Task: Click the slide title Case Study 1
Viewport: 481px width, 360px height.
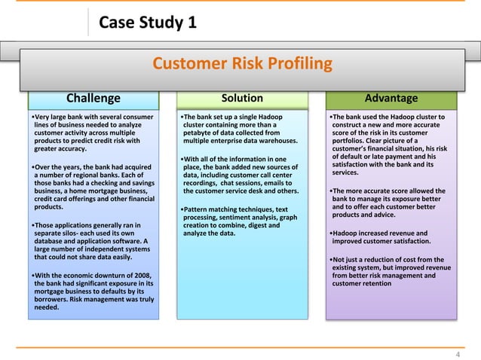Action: [x=148, y=23]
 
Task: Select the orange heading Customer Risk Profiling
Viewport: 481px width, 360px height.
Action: [x=242, y=63]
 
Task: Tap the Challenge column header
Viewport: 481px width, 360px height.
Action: [x=93, y=98]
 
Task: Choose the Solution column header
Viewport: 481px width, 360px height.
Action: [x=242, y=98]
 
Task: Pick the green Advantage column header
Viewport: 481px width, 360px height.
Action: [x=391, y=98]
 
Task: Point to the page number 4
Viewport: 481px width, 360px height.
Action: [x=458, y=354]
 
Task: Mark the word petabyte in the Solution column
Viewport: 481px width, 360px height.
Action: [x=200, y=133]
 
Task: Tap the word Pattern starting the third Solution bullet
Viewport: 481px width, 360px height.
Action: [x=198, y=209]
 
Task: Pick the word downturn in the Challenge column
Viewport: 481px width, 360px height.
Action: [x=112, y=275]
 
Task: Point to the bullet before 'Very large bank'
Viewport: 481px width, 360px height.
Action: [x=33, y=117]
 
